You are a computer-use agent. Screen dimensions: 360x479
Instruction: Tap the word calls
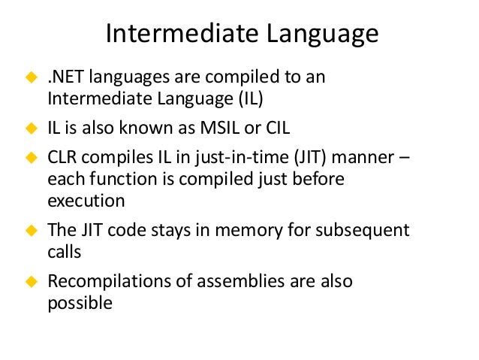coord(64,251)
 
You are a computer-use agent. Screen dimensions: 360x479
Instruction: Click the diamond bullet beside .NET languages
coord(32,78)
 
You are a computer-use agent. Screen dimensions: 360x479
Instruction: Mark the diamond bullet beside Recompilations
coord(32,283)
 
